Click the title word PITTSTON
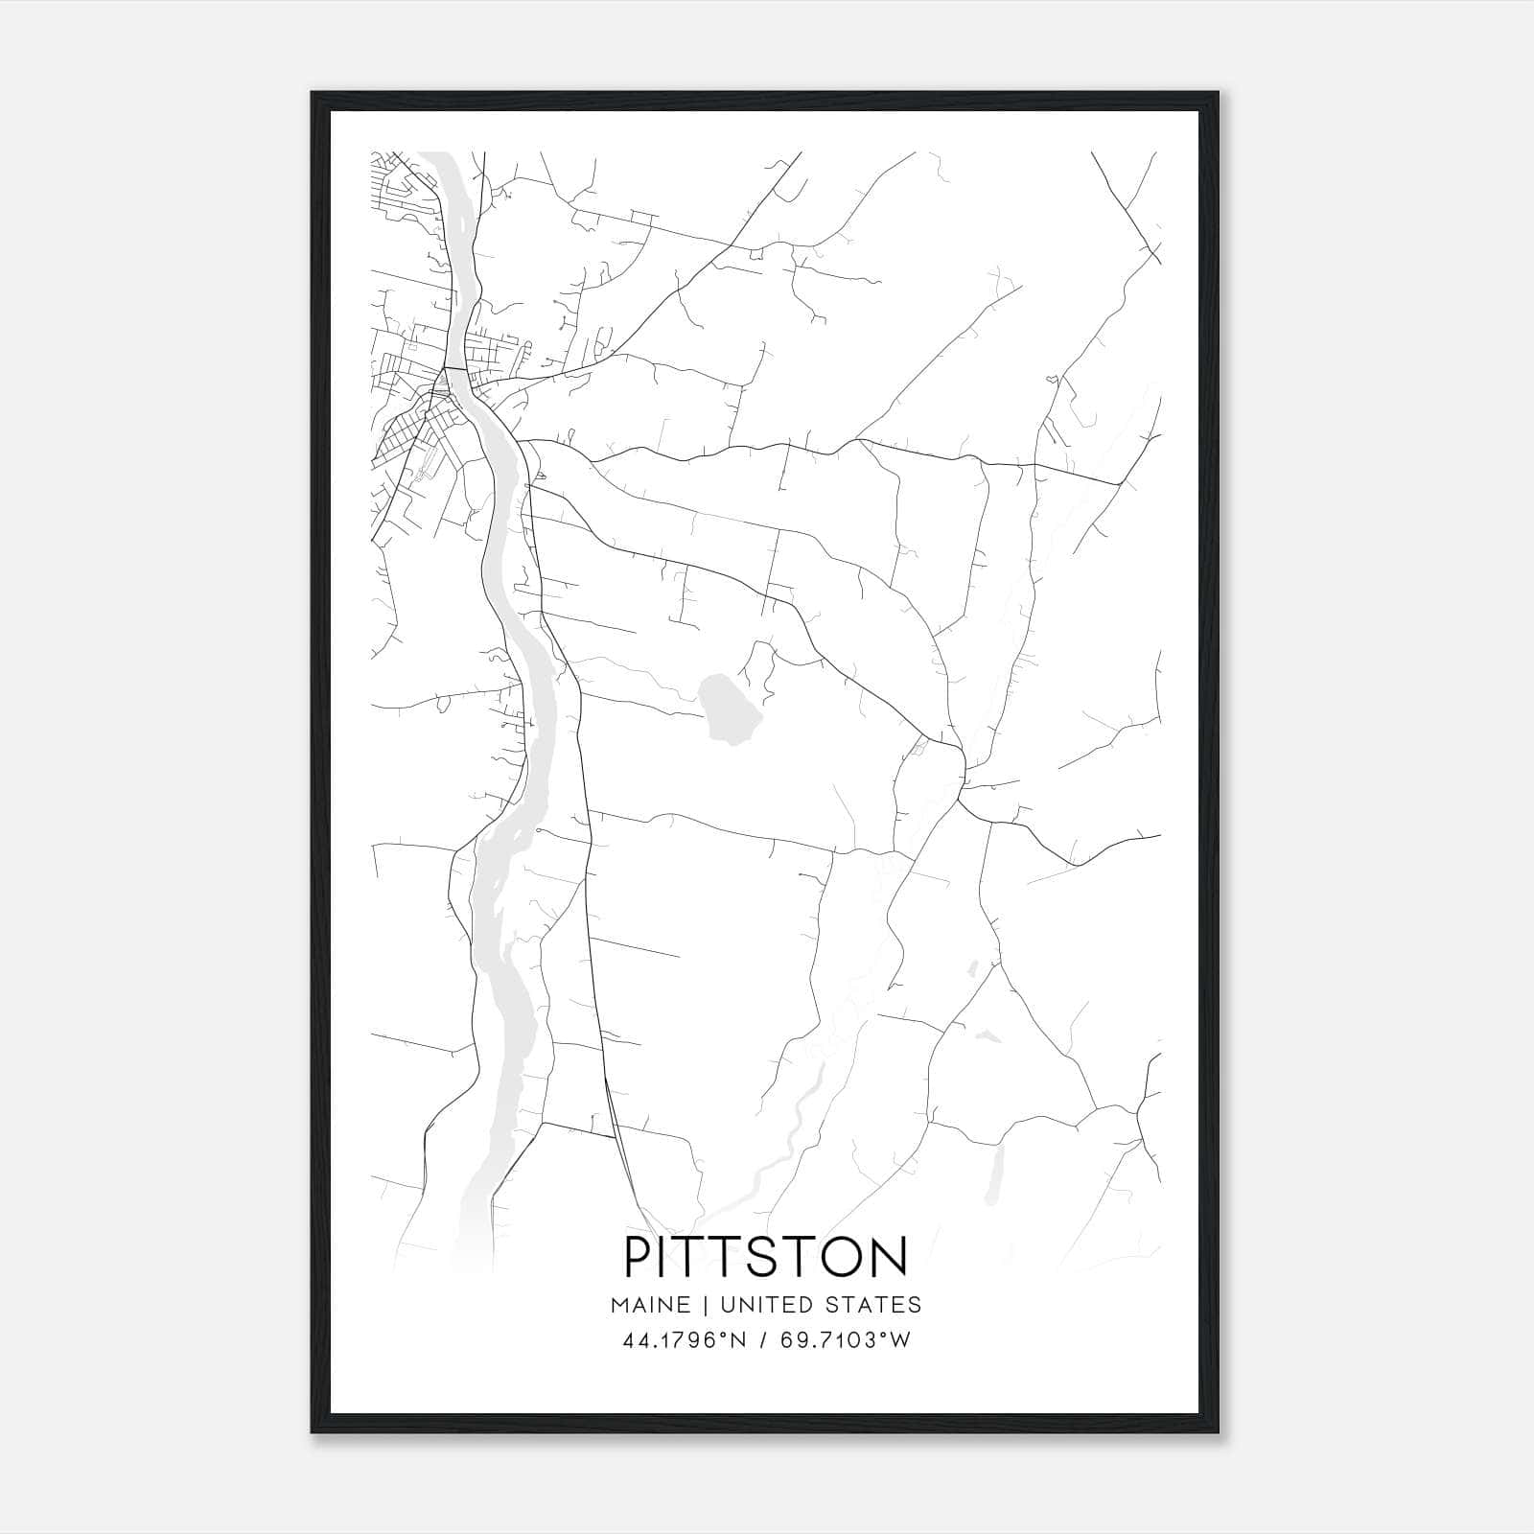766,1257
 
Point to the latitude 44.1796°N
684,1340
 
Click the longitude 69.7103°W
846,1340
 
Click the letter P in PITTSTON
639,1257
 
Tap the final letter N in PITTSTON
890,1257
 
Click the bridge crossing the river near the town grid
454,368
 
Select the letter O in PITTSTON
843,1257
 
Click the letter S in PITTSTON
764,1257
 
